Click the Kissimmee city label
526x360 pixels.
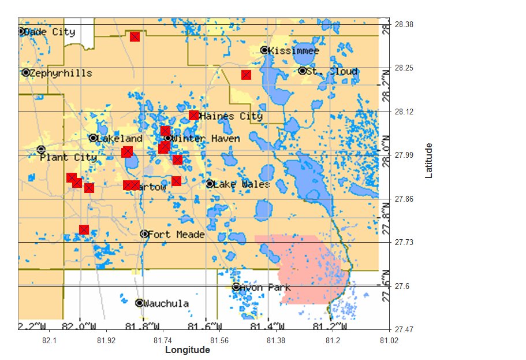pyautogui.click(x=294, y=51)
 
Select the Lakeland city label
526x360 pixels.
pyautogui.click(x=120, y=139)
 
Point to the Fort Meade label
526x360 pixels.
pyautogui.click(x=176, y=234)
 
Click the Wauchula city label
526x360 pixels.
pyautogui.click(x=166, y=303)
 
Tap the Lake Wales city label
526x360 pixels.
pyautogui.click(x=241, y=184)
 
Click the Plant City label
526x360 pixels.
pyautogui.click(x=68, y=157)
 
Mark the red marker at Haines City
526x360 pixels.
pyautogui.click(x=194, y=115)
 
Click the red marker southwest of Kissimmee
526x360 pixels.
pyautogui.click(x=246, y=75)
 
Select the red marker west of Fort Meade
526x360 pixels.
pyautogui.click(x=84, y=229)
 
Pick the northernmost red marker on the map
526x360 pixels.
pyautogui.click(x=135, y=36)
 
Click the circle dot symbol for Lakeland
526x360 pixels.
pyautogui.click(x=93, y=138)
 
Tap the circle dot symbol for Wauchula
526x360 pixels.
pyautogui.click(x=139, y=303)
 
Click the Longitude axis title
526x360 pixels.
pyautogui.click(x=188, y=350)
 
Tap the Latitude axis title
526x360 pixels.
pyautogui.click(x=429, y=161)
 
